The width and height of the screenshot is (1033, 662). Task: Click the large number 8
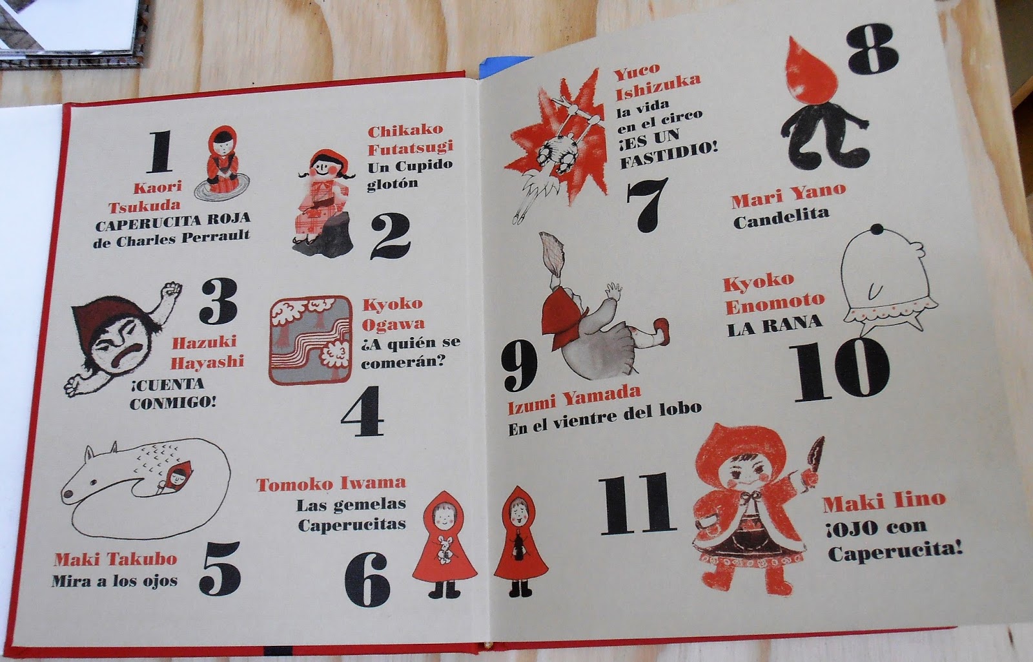point(872,49)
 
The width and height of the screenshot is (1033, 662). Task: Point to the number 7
point(646,204)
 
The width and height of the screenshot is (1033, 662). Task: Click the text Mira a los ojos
point(115,581)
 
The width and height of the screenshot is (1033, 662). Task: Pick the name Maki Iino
point(885,501)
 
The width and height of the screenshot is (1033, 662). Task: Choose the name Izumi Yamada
point(574,400)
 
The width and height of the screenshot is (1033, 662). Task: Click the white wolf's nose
point(68,494)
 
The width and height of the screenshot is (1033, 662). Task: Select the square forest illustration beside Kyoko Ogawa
point(311,340)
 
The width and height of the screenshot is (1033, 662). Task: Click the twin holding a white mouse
point(444,545)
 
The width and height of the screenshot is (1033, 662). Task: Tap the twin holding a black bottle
point(520,541)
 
